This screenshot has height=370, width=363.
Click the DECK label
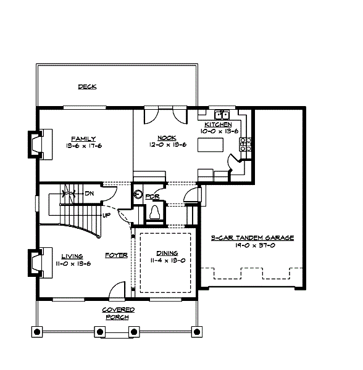coord(87,87)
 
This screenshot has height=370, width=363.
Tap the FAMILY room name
coord(83,138)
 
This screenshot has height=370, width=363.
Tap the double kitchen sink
coord(222,115)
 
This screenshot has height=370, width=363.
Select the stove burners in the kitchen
coord(245,144)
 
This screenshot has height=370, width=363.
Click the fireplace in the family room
coord(34,144)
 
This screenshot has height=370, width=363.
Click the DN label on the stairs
coord(89,193)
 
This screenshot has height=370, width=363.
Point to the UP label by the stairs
coord(106,215)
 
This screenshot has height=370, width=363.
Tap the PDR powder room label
coord(152,197)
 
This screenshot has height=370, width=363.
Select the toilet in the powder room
coord(155,212)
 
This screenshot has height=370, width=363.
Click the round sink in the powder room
coord(138,195)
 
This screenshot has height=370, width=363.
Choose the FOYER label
coord(116,255)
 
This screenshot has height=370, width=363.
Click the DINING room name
coord(167,253)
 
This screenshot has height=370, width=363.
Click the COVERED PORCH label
coord(117,313)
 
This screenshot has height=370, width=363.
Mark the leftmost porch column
coord(37,332)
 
